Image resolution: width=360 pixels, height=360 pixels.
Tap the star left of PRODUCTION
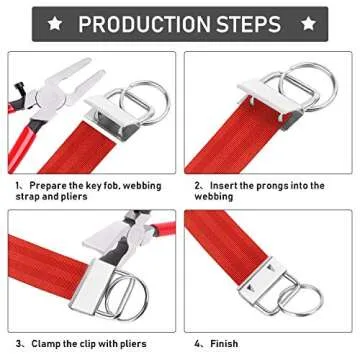(57, 23)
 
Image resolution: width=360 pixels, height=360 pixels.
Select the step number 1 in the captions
(17, 186)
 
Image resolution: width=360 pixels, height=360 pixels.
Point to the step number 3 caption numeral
(17, 344)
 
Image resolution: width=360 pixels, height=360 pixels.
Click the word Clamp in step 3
(48, 344)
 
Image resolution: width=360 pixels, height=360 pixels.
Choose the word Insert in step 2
(229, 186)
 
